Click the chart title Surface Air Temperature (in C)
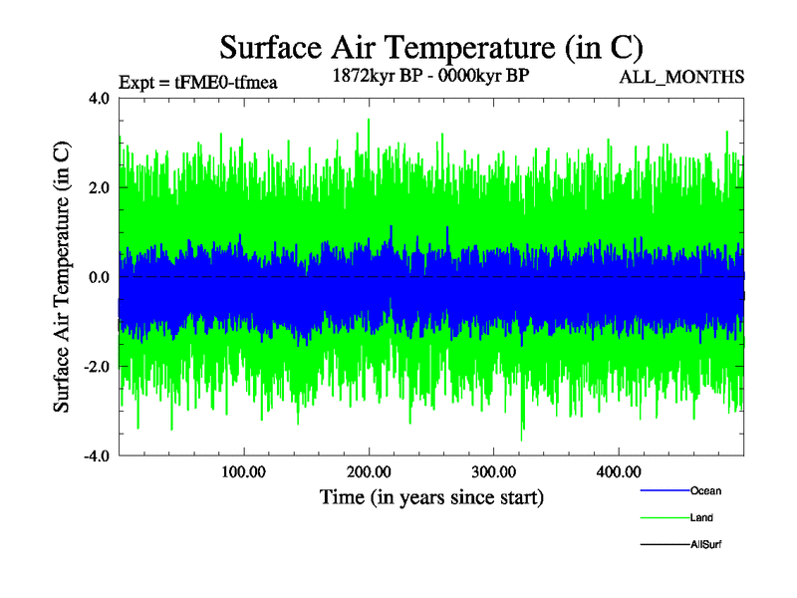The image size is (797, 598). [431, 47]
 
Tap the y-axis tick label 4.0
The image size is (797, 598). [99, 99]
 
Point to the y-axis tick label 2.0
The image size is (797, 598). [99, 187]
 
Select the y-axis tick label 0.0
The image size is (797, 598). [99, 277]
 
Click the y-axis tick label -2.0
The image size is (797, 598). [96, 367]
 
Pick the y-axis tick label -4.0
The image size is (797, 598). [96, 456]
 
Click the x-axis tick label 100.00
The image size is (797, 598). [244, 471]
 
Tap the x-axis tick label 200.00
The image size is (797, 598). [369, 471]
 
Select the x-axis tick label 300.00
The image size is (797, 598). [493, 471]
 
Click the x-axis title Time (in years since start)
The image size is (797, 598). [431, 495]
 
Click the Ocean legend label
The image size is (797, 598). [705, 490]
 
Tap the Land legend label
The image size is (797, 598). [701, 517]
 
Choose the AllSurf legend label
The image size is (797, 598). [706, 544]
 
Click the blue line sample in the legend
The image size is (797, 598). [664, 490]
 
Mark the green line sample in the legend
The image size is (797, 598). [664, 517]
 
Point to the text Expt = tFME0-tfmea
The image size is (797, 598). [197, 83]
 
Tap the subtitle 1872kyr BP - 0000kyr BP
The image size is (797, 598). [430, 74]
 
